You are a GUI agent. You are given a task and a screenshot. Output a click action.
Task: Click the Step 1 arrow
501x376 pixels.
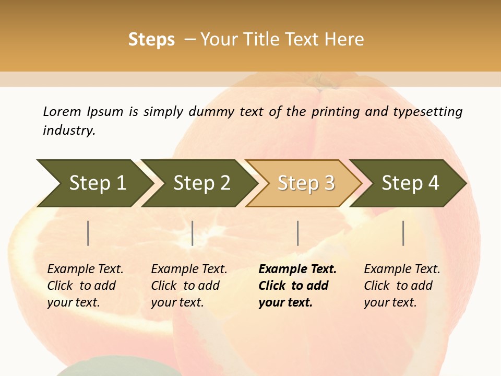(x=94, y=183)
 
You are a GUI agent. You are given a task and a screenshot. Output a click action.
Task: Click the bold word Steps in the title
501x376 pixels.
(x=151, y=40)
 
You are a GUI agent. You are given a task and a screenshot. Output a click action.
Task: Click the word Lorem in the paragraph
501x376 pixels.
(x=62, y=112)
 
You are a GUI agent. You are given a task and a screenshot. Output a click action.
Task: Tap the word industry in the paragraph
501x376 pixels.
(x=68, y=131)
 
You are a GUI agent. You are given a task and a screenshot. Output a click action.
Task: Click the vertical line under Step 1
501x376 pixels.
(x=88, y=233)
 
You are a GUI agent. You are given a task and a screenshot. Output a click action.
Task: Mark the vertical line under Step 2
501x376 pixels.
(x=193, y=233)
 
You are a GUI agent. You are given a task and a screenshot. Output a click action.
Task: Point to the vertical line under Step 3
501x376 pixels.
(x=298, y=233)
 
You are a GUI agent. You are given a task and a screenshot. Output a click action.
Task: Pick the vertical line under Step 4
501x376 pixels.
(x=403, y=233)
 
